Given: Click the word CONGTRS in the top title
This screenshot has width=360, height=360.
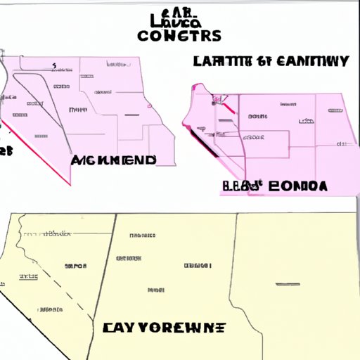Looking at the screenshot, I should tap(180, 34).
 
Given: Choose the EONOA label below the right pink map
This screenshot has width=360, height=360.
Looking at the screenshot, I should tap(296, 186).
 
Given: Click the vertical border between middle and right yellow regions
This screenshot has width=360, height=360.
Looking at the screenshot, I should tap(234, 281).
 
